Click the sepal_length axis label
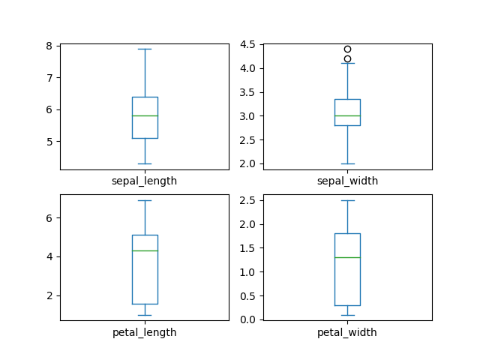144,181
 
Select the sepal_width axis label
347,181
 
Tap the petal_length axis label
144,332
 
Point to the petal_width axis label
347,332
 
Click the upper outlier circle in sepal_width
347,49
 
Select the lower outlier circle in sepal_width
347,58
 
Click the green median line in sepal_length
145,115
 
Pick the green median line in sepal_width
347,115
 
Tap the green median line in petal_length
145,250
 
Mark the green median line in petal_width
347,257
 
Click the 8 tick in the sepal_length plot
49,46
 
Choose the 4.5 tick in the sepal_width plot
248,44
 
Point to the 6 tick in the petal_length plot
49,218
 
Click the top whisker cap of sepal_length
145,49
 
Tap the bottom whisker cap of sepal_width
347,163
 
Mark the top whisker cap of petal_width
347,200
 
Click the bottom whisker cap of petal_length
145,315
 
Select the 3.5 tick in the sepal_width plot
248,92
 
